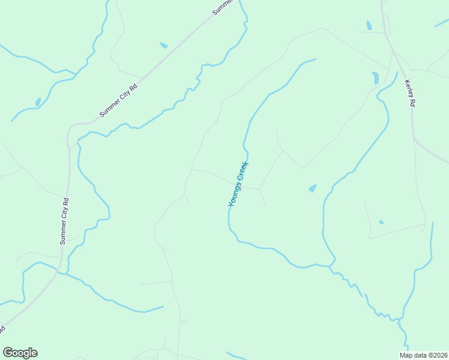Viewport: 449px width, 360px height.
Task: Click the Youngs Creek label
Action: point(238,184)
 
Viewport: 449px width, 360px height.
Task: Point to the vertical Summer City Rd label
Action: point(64,221)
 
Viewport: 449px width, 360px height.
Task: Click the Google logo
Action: point(20,353)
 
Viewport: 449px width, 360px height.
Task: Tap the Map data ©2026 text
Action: point(424,355)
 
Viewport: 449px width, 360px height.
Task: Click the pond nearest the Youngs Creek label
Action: point(312,188)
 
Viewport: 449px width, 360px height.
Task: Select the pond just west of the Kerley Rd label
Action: point(375,78)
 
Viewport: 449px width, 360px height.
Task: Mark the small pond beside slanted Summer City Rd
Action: point(163,45)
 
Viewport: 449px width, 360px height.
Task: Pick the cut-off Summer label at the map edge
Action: point(223,7)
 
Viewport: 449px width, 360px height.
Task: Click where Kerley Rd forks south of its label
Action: point(414,139)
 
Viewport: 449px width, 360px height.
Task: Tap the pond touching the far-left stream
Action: point(38,102)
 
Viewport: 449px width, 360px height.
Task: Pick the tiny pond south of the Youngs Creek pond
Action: point(381,222)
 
